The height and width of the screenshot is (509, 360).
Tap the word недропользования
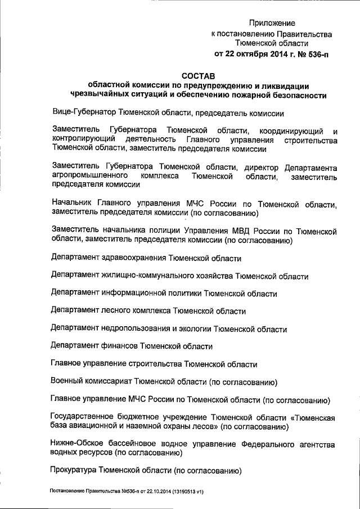coord(139,328)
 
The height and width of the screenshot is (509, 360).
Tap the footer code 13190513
coord(181,491)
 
